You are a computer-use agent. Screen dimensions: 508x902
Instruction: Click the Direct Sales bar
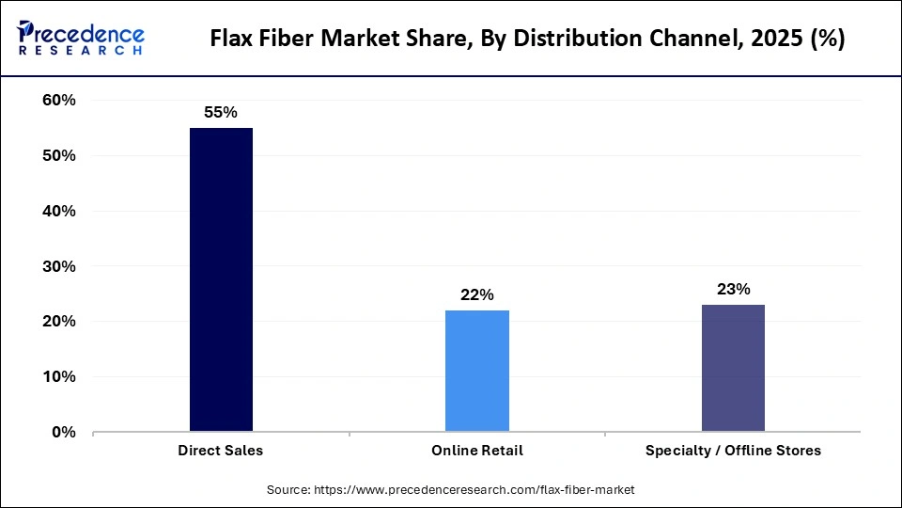click(x=221, y=279)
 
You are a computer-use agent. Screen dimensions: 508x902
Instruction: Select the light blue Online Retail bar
click(x=477, y=371)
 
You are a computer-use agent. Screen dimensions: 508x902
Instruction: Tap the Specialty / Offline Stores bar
click(x=733, y=368)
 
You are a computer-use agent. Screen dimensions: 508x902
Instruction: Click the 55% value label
click(x=221, y=112)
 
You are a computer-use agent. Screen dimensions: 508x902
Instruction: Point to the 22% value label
click(x=477, y=294)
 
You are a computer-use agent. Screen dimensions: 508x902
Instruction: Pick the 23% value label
click(x=733, y=289)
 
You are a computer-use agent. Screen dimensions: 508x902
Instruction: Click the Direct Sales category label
click(x=221, y=451)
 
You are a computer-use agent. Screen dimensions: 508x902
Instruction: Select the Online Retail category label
click(x=477, y=451)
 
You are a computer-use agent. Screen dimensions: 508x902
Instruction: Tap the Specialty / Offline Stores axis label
click(x=733, y=451)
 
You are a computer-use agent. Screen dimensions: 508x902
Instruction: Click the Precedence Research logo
click(x=81, y=38)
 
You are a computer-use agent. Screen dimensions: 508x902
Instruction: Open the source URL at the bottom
click(x=451, y=489)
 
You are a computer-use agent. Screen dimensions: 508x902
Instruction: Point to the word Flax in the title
click(x=232, y=39)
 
